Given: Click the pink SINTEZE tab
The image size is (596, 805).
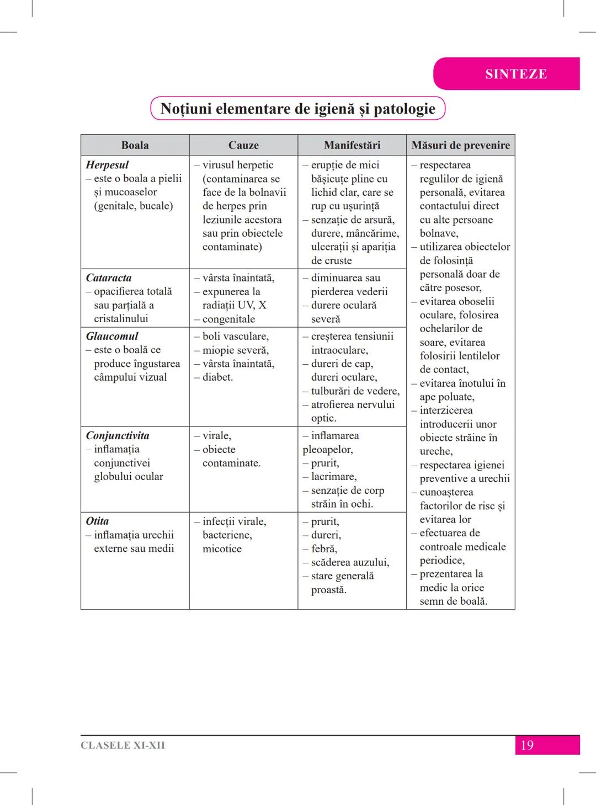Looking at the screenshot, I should pyautogui.click(x=515, y=74).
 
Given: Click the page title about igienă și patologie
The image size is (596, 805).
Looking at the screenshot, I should pyautogui.click(x=298, y=109).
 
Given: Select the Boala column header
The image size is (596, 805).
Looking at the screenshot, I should pyautogui.click(x=135, y=145).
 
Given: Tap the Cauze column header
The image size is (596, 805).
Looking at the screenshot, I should pyautogui.click(x=243, y=145).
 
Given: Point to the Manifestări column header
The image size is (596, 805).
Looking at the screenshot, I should pyautogui.click(x=352, y=145).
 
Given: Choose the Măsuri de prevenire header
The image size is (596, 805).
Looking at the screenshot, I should pyautogui.click(x=460, y=145).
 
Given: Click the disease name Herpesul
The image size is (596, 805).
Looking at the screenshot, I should pyautogui.click(x=107, y=165).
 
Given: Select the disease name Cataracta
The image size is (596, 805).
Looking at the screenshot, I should pyautogui.click(x=109, y=278).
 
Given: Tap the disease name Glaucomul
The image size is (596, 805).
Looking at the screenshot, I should pyautogui.click(x=112, y=336).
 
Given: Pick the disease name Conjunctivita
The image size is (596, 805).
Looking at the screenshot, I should pyautogui.click(x=118, y=435).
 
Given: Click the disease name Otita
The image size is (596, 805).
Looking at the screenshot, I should pyautogui.click(x=97, y=521).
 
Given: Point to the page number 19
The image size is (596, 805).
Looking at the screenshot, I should pyautogui.click(x=527, y=745).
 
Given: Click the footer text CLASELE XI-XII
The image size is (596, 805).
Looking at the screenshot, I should pyautogui.click(x=123, y=745).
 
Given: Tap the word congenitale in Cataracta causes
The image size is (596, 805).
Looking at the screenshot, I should pyautogui.click(x=228, y=319).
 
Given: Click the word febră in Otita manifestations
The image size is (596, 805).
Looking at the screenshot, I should pyautogui.click(x=324, y=549).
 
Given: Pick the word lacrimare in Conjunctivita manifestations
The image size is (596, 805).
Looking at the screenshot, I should pyautogui.click(x=333, y=477).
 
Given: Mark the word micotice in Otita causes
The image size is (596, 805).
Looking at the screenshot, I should pyautogui.click(x=222, y=549).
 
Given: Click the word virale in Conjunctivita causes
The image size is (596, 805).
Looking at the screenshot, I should pyautogui.click(x=216, y=436).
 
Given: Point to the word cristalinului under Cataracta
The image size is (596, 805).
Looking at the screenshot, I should pyautogui.click(x=121, y=319).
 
